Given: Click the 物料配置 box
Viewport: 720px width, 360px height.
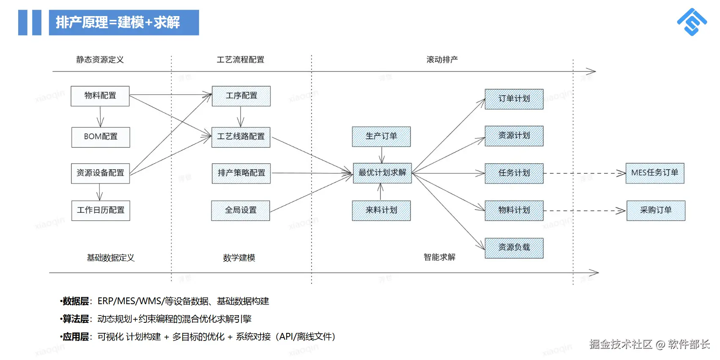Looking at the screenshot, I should (100, 96).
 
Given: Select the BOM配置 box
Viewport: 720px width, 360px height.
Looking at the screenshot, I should (101, 137).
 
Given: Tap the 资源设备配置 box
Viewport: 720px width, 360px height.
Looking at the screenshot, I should (100, 173).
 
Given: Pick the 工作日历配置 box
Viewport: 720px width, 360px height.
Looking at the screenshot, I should (101, 210).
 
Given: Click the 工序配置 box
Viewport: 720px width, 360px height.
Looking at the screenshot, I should (241, 96).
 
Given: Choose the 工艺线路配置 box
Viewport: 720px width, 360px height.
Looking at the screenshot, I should (241, 137).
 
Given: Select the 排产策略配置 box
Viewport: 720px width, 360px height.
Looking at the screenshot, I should (241, 173).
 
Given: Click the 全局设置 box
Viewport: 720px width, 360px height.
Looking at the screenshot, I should (241, 210).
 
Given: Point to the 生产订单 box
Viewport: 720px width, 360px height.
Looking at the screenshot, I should (381, 136).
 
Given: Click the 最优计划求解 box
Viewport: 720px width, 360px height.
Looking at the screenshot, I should (382, 173).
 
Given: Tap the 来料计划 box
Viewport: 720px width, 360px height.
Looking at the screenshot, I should (381, 210).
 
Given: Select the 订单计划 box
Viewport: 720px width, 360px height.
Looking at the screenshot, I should (514, 99).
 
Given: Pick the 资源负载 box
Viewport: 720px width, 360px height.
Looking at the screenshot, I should (514, 247).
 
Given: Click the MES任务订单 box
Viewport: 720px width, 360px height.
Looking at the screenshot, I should (654, 173).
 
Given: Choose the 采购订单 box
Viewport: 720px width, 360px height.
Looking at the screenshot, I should (655, 210).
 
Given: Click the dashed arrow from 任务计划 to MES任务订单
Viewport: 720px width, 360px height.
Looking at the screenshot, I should (583, 173).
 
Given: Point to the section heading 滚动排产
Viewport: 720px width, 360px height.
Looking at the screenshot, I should (442, 60).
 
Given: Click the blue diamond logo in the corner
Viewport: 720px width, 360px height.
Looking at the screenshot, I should (692, 22).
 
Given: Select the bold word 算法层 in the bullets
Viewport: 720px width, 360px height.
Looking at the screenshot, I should (76, 319).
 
